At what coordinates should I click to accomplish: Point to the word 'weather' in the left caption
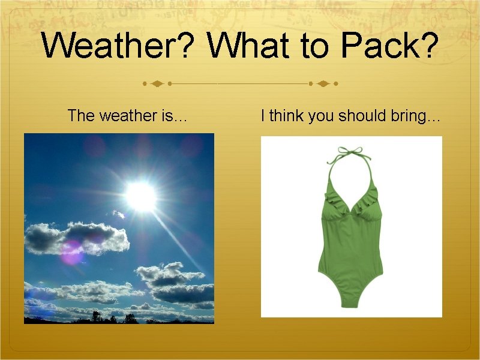[x=125, y=115]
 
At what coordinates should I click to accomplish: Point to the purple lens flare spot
[x=72, y=251]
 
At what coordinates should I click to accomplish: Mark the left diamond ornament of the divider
[x=157, y=83]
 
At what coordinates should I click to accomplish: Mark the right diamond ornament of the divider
[x=323, y=83]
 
